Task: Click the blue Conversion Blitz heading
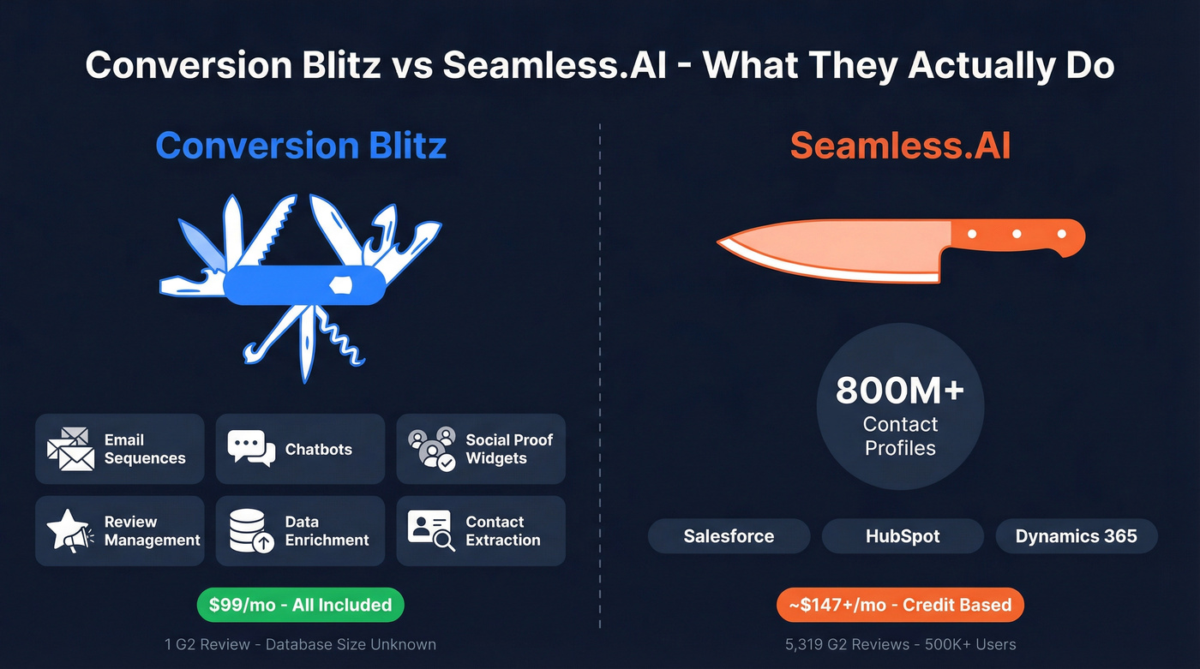[x=301, y=145]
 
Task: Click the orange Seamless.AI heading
[x=900, y=145]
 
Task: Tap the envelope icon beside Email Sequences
[x=70, y=449]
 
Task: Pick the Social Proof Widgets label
[x=509, y=449]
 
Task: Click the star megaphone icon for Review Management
[x=69, y=531]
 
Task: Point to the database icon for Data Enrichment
[x=251, y=531]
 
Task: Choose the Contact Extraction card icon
[x=430, y=531]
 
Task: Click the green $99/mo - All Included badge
[x=300, y=605]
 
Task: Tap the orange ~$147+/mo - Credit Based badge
[x=900, y=605]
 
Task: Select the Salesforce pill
[x=729, y=536]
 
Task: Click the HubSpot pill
[x=903, y=536]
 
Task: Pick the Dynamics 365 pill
[x=1076, y=536]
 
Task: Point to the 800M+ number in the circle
[x=900, y=391]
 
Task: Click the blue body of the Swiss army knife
[x=304, y=284]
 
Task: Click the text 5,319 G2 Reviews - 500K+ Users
[x=900, y=644]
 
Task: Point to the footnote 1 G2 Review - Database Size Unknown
[x=300, y=644]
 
